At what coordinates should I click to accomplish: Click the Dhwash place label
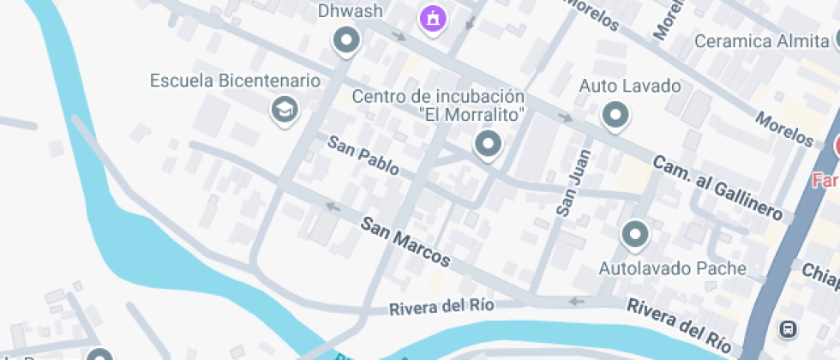tap(350, 11)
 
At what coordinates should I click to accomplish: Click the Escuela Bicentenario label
tap(235, 81)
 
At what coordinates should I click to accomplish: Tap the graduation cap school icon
tap(283, 109)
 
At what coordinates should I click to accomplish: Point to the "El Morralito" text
tap(472, 114)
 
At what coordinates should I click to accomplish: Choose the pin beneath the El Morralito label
tap(489, 143)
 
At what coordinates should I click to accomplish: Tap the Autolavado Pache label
tap(672, 268)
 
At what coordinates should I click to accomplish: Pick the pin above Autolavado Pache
tap(635, 233)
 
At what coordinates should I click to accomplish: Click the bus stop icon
tap(786, 328)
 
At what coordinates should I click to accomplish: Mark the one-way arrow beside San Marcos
tap(332, 206)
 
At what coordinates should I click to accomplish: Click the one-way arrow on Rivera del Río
tap(576, 301)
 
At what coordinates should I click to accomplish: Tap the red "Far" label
tap(826, 181)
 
